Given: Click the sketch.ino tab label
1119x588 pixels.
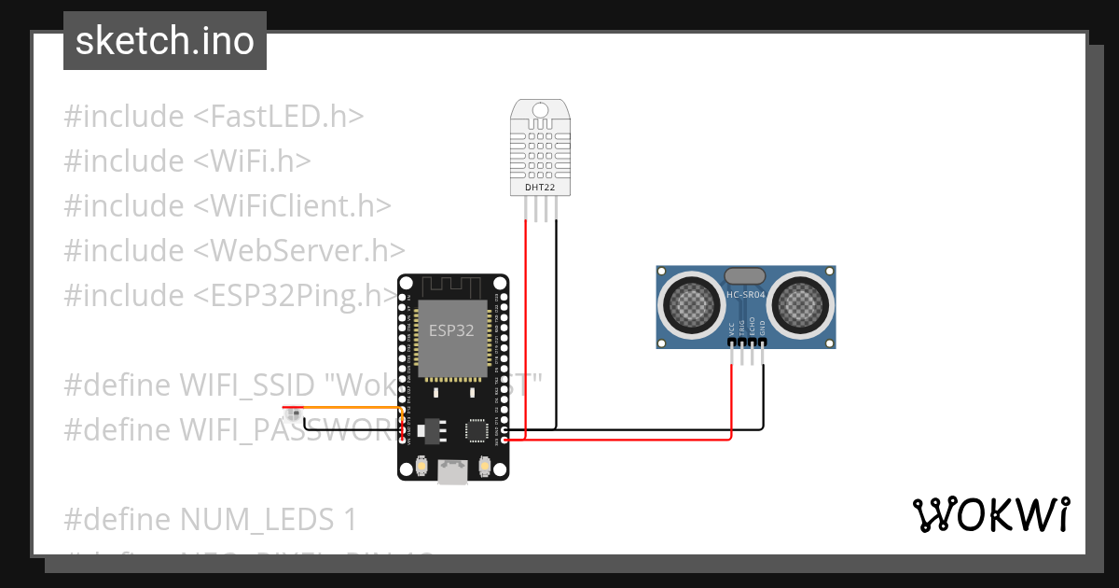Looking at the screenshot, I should [164, 41].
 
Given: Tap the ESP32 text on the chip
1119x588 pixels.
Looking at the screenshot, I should [451, 330].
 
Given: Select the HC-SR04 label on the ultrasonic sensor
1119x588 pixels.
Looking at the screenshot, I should [745, 295].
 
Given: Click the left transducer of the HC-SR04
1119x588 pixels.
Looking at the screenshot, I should [691, 302].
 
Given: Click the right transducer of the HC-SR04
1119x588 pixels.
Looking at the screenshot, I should [801, 302].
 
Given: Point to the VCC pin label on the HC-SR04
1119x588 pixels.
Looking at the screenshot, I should [732, 329].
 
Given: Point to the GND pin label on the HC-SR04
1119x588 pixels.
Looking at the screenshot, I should [762, 329].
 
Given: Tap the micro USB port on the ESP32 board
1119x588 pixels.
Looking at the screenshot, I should [453, 472].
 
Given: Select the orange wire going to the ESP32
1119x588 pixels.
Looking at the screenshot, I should [354, 409].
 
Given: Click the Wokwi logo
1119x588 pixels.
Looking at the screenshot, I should [990, 515].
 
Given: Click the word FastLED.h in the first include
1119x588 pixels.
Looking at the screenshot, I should [280, 117].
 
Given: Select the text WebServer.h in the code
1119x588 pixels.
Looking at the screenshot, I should [300, 250].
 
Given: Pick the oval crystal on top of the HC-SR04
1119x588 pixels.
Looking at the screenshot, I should [744, 275].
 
